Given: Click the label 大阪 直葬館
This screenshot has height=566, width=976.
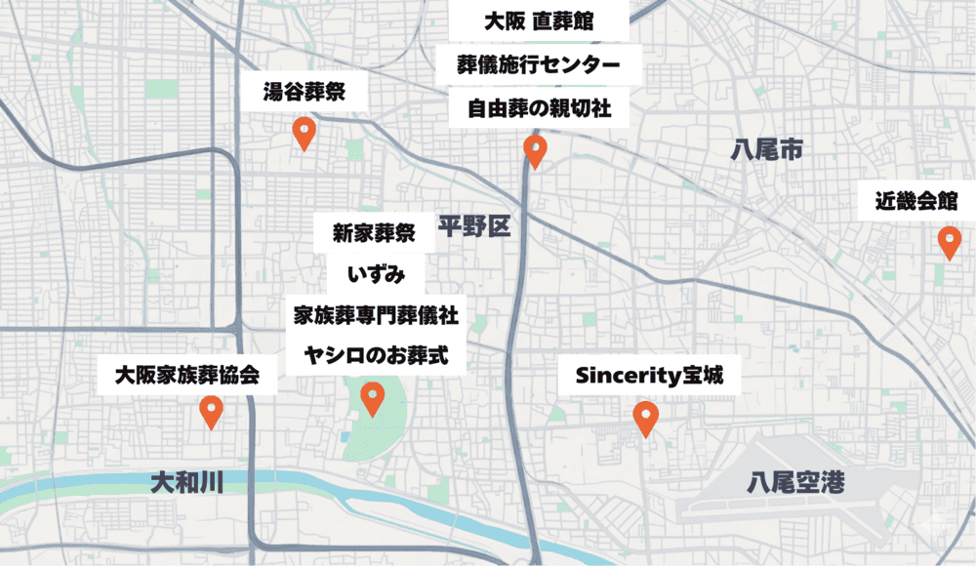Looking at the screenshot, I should click(x=539, y=21).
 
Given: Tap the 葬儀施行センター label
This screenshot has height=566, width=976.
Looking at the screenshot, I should click(x=539, y=65).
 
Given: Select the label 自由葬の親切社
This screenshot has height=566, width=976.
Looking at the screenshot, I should click(x=539, y=109).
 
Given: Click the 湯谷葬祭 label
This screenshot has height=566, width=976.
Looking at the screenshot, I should click(x=303, y=95).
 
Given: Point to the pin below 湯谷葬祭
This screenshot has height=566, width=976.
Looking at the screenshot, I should click(x=304, y=132).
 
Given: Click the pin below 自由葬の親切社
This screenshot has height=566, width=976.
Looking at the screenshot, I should click(x=534, y=150).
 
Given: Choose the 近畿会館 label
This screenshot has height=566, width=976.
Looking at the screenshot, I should click(x=915, y=202).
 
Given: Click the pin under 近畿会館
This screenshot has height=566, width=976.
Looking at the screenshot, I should click(x=948, y=240).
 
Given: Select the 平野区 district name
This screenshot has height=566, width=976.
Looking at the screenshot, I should click(x=474, y=227).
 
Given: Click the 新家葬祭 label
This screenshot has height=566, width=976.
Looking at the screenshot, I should click(x=374, y=233).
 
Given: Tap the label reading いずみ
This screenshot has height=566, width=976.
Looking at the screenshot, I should click(x=374, y=274).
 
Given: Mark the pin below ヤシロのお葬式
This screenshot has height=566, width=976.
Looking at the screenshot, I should click(x=372, y=397).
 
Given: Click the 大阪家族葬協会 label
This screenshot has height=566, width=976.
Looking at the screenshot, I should click(x=186, y=375).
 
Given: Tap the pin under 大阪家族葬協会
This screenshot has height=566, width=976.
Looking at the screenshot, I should click(x=210, y=411).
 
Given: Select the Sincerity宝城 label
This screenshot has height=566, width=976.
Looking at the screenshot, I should click(x=649, y=376).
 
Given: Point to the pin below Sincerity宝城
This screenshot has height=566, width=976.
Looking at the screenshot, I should click(x=644, y=418).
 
